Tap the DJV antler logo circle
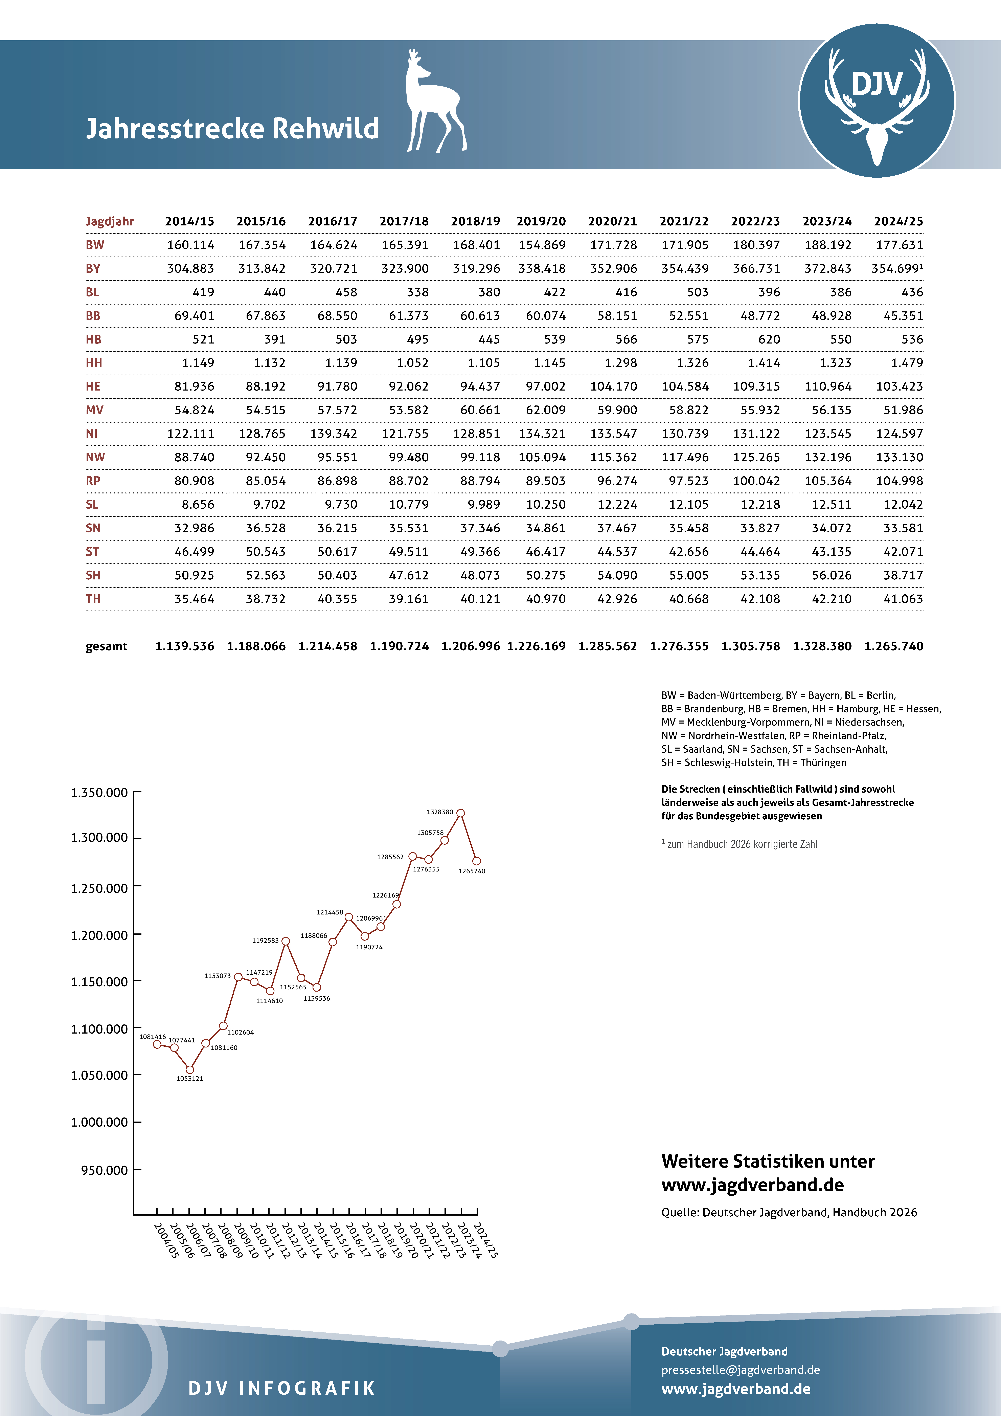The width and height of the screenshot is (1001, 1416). [x=877, y=101]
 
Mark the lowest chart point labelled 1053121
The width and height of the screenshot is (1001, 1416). [x=190, y=1069]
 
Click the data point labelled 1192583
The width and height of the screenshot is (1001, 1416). [x=286, y=941]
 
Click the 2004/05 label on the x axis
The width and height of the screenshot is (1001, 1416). [x=165, y=1240]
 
